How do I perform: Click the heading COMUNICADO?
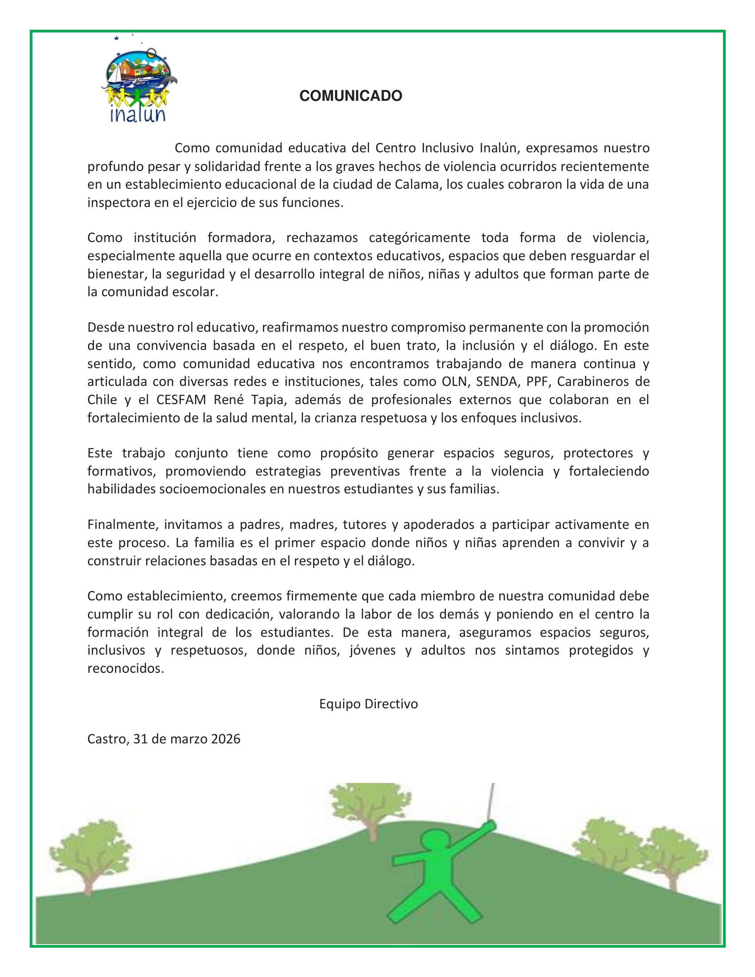point(351,96)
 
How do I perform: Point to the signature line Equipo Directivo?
point(369,704)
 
